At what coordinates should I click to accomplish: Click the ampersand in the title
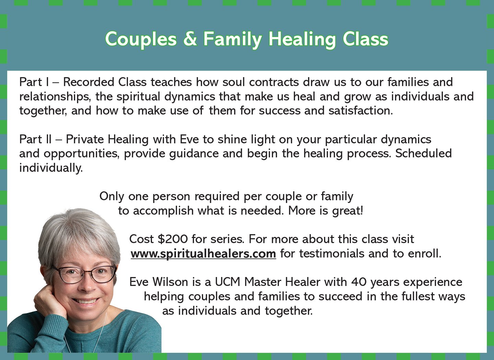190,39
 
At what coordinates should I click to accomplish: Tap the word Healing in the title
302,40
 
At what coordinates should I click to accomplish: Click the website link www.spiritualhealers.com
203,253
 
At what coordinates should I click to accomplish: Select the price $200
173,239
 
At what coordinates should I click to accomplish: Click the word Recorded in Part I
89,82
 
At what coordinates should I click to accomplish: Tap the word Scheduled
423,154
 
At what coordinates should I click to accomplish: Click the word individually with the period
51,168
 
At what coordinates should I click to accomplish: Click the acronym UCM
227,282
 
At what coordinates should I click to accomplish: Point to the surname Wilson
170,282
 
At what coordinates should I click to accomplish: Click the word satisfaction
361,111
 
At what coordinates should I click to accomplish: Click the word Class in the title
365,39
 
